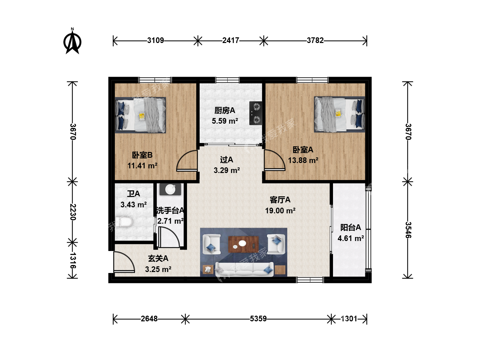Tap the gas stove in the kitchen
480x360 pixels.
[256, 113]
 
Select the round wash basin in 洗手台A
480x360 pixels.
[170, 189]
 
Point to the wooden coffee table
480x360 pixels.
[243, 244]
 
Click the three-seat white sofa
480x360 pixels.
[244, 269]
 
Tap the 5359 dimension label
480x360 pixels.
[258, 319]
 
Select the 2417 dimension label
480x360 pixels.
[231, 40]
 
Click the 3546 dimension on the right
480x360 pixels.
[408, 230]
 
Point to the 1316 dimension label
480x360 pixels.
[73, 261]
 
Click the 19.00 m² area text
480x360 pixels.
[280, 210]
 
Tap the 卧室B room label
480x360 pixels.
[142, 155]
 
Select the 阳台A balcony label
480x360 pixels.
[351, 228]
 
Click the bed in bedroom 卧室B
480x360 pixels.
[140, 115]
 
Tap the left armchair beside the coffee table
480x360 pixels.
[211, 244]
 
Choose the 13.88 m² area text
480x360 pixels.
[303, 160]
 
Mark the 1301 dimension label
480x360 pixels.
[349, 319]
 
